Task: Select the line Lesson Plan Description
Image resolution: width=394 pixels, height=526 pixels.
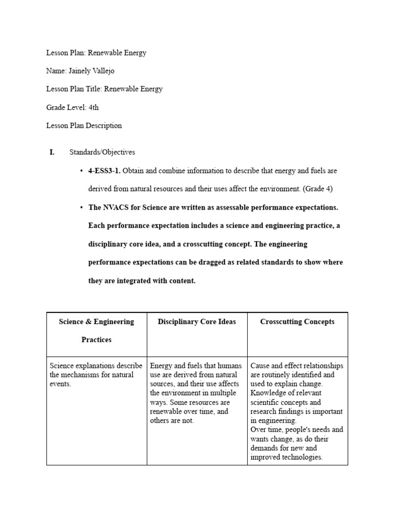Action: click(x=84, y=125)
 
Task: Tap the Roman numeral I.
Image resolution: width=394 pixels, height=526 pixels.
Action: click(x=52, y=152)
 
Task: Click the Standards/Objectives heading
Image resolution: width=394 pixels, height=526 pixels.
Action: click(x=102, y=152)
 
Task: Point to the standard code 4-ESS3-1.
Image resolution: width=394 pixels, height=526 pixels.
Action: click(x=105, y=171)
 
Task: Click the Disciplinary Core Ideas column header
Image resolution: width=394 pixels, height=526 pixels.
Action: click(x=197, y=322)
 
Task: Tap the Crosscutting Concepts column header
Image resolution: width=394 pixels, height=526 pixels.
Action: click(x=297, y=322)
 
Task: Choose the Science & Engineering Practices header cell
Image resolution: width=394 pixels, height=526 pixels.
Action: click(x=96, y=330)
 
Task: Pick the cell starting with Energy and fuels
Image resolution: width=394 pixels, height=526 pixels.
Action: click(x=195, y=393)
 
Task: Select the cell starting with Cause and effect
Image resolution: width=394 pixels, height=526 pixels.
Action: click(x=297, y=411)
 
